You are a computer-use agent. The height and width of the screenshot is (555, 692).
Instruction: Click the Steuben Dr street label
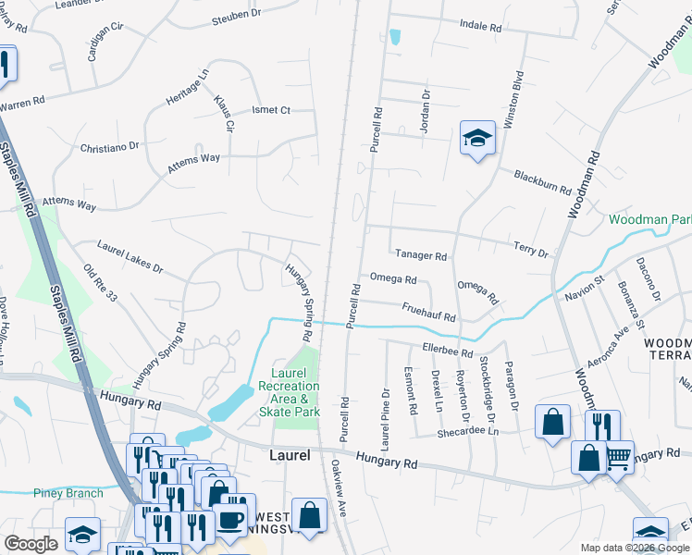pos(237,16)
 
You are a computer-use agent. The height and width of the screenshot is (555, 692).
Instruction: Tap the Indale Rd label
pos(480,28)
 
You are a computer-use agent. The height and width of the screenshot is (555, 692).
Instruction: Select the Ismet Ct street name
pos(271,110)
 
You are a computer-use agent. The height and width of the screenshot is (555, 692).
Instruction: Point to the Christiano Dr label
pos(109,146)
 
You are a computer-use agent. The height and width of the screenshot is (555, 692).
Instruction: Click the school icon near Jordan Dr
pos(477,139)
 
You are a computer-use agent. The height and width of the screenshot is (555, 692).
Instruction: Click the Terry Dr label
pos(531,249)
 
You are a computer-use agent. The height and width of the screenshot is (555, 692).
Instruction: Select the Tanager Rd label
pos(421,256)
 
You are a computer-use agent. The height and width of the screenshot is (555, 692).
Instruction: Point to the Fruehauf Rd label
pos(428,312)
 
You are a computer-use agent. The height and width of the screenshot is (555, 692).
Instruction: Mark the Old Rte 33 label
pos(100,284)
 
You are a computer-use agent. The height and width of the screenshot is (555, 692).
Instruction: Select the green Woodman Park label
pos(649,220)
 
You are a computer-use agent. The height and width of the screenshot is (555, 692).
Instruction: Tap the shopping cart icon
pos(618,456)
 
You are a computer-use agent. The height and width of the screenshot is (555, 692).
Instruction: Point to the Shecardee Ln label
pos(467,431)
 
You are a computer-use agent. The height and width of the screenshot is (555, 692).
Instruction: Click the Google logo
pos(31,544)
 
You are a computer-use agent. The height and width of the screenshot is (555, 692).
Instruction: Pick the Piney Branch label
pos(68,493)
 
